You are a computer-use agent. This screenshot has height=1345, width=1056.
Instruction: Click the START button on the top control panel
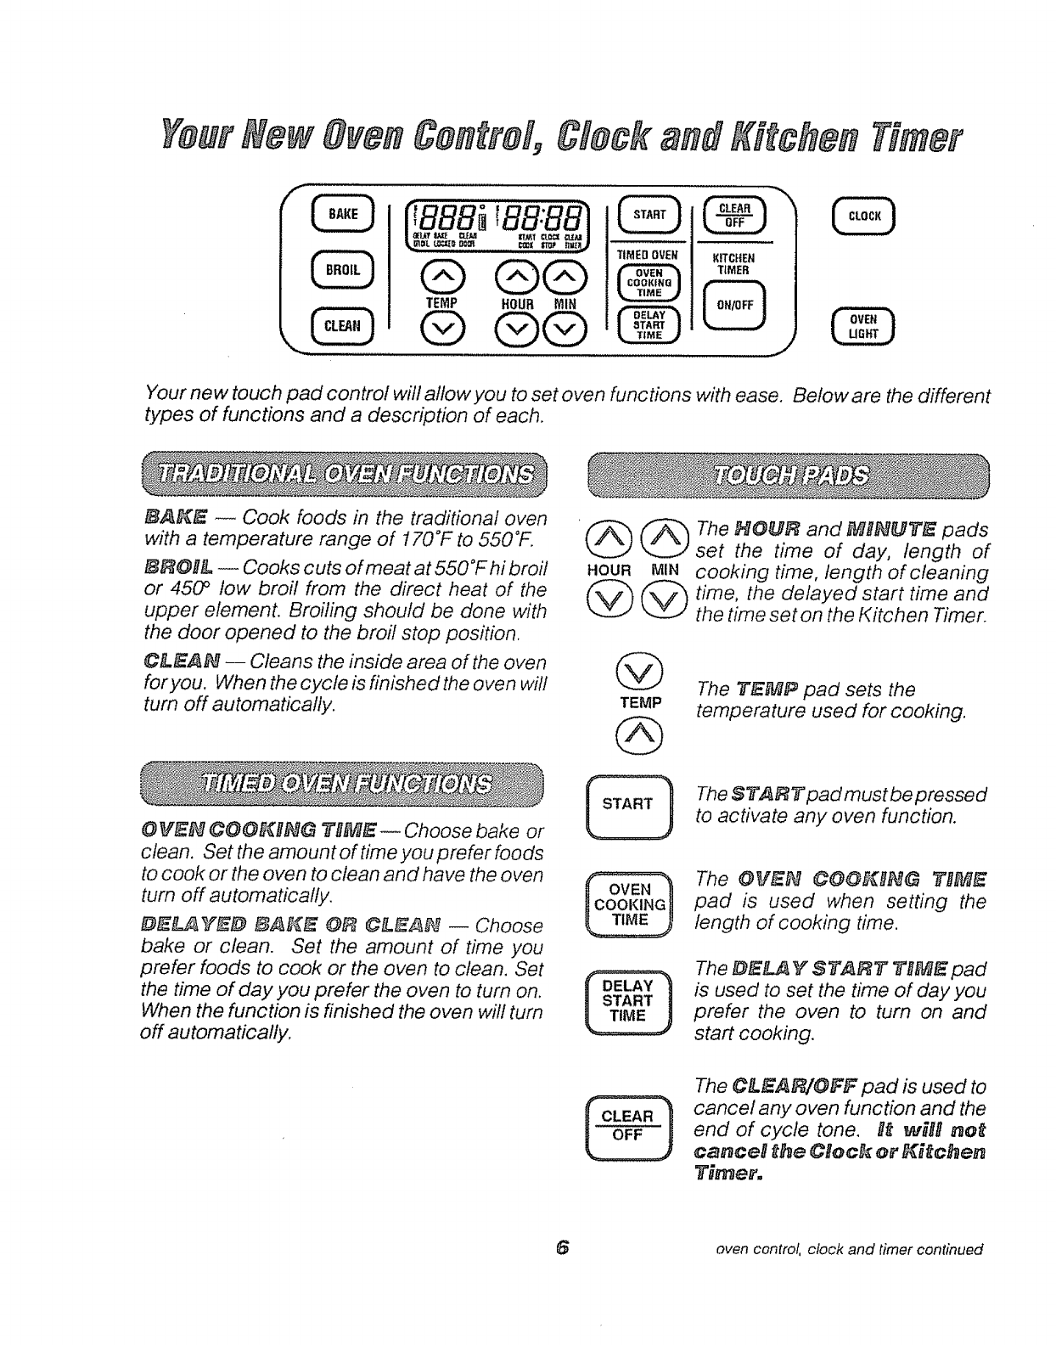pos(650,214)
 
